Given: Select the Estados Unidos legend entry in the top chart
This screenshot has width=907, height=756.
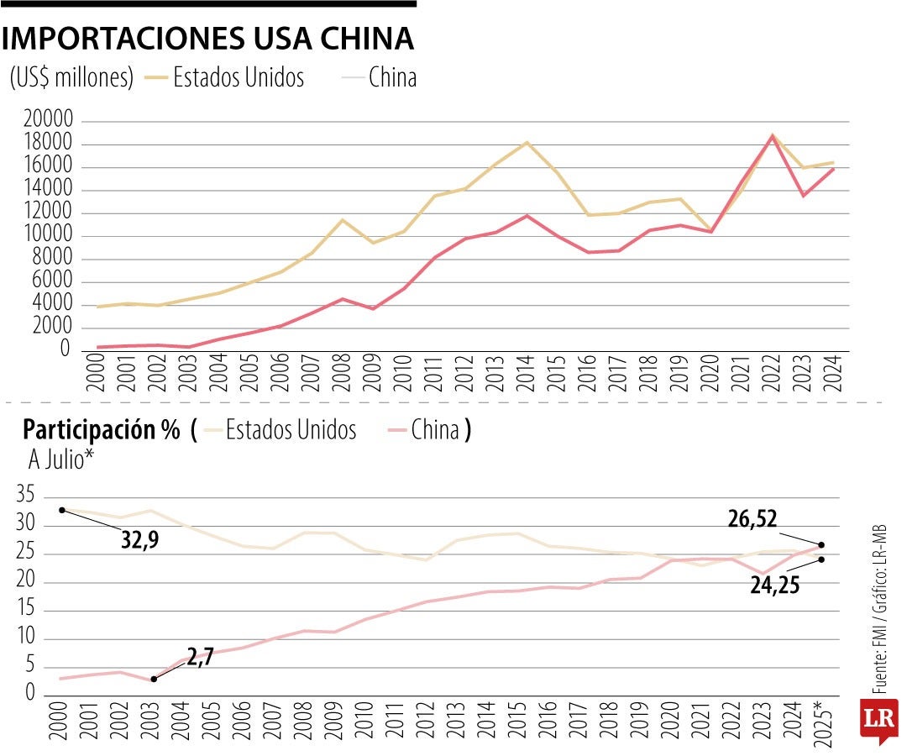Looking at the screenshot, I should point(239,78).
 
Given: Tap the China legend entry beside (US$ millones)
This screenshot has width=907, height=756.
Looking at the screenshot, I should point(392,78).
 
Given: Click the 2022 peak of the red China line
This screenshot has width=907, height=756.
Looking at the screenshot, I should point(772,135).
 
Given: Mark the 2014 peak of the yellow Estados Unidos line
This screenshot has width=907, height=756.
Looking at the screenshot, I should point(527,143).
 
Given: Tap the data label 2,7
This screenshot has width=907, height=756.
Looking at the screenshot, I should point(200,659).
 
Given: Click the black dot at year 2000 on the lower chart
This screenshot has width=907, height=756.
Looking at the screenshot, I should point(61,510).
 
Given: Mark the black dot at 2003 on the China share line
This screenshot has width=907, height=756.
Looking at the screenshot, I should point(154,680).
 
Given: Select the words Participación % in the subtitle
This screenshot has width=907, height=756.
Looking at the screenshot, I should point(101,431).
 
